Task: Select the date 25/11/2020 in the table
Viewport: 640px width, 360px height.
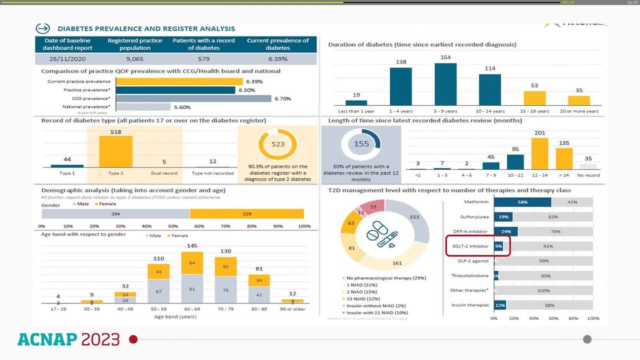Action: pyautogui.click(x=63, y=58)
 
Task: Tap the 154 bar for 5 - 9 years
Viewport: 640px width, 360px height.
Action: pyautogui.click(x=446, y=84)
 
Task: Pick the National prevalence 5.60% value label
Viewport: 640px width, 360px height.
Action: pyautogui.click(x=182, y=107)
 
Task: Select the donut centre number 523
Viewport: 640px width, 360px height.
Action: pyautogui.click(x=278, y=144)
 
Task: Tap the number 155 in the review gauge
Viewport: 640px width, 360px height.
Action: pyautogui.click(x=361, y=144)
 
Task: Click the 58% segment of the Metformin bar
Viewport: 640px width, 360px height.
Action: pyautogui.click(x=522, y=202)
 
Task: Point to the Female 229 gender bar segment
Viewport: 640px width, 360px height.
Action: pyautogui.click(x=246, y=213)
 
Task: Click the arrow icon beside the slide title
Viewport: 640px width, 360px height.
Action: pyautogui.click(x=43, y=29)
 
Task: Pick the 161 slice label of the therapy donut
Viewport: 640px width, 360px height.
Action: pyautogui.click(x=397, y=263)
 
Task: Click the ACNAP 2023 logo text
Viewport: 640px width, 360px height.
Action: pyautogui.click(x=69, y=339)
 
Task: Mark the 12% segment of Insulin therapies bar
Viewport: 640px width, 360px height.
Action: pyautogui.click(x=500, y=305)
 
